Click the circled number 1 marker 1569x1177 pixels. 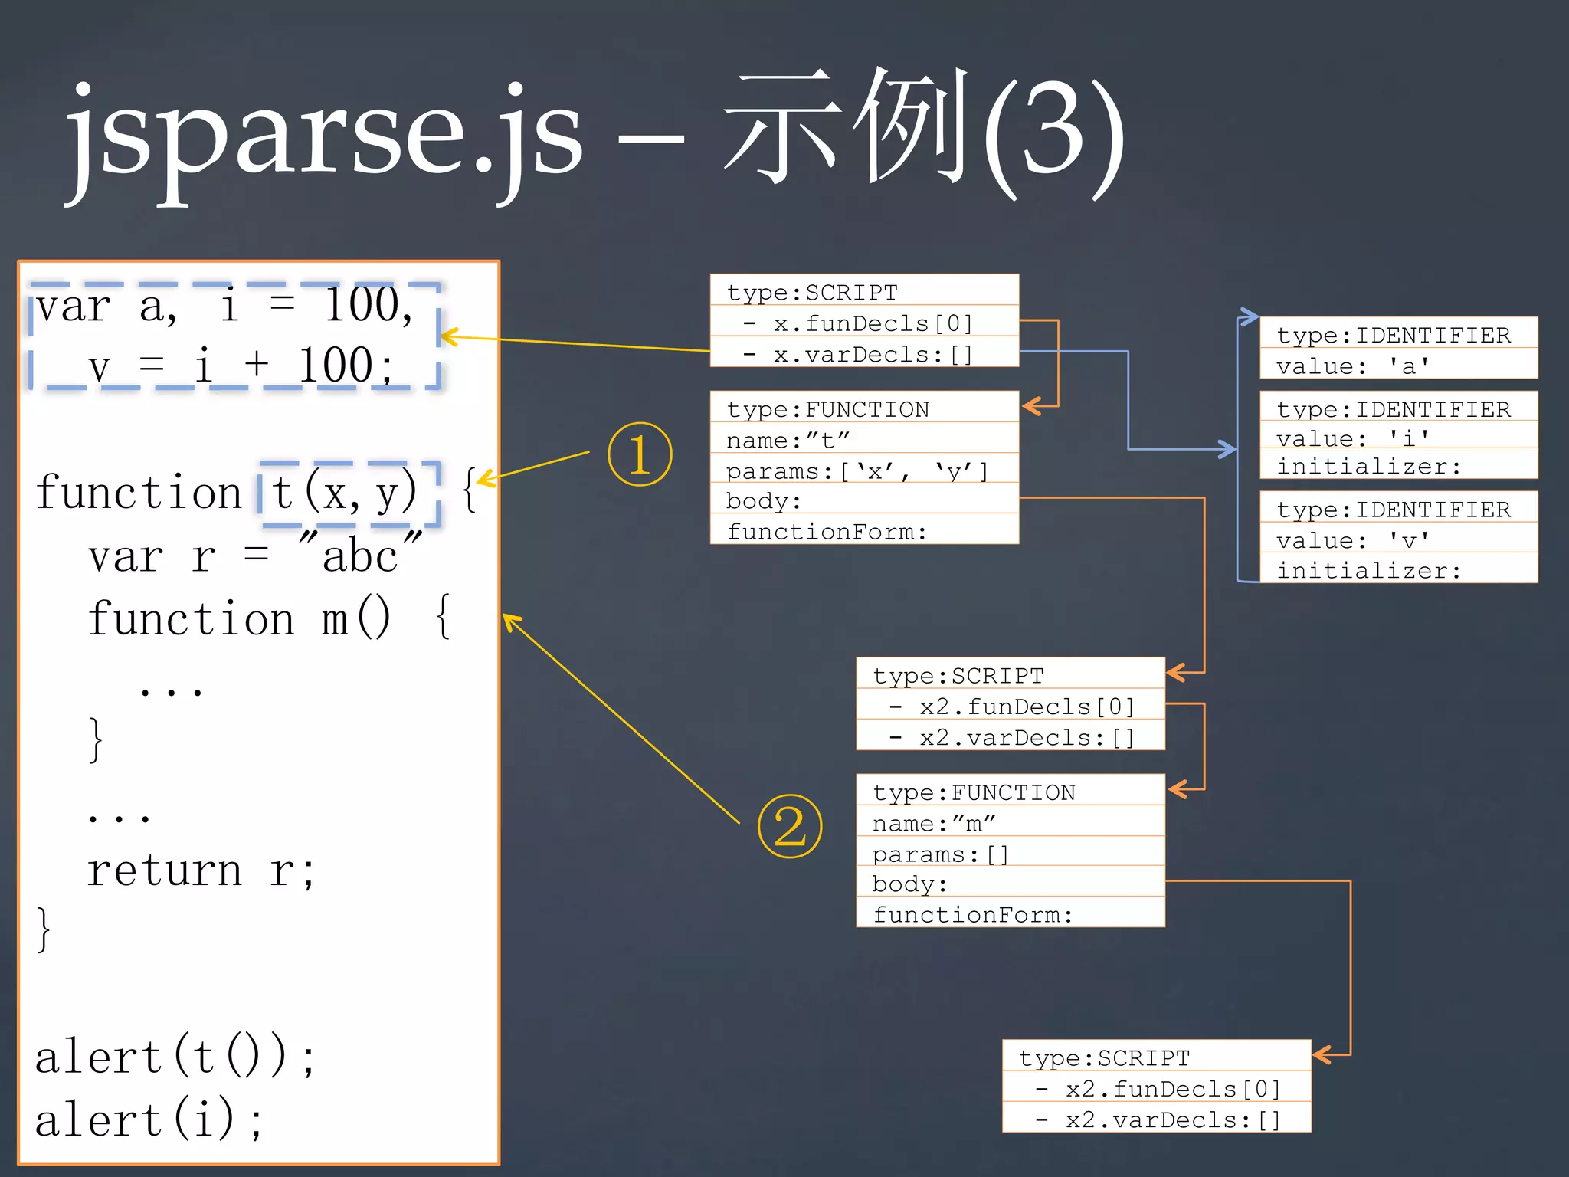(640, 454)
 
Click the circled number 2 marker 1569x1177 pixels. (790, 826)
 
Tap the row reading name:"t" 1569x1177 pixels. (864, 441)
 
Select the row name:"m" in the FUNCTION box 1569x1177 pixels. (1010, 824)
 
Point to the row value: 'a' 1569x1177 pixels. (1398, 366)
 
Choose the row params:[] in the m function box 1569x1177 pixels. (1010, 854)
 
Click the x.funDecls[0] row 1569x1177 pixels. (864, 323)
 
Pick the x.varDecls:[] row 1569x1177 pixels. (864, 355)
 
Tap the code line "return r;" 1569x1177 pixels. (201, 871)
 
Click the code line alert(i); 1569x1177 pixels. (149, 1120)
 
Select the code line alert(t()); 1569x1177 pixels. (175, 1057)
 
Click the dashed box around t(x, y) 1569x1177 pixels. (349, 493)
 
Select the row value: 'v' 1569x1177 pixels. (1398, 540)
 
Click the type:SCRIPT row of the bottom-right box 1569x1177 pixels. (1156, 1058)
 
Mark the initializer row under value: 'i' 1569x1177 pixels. (1398, 466)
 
